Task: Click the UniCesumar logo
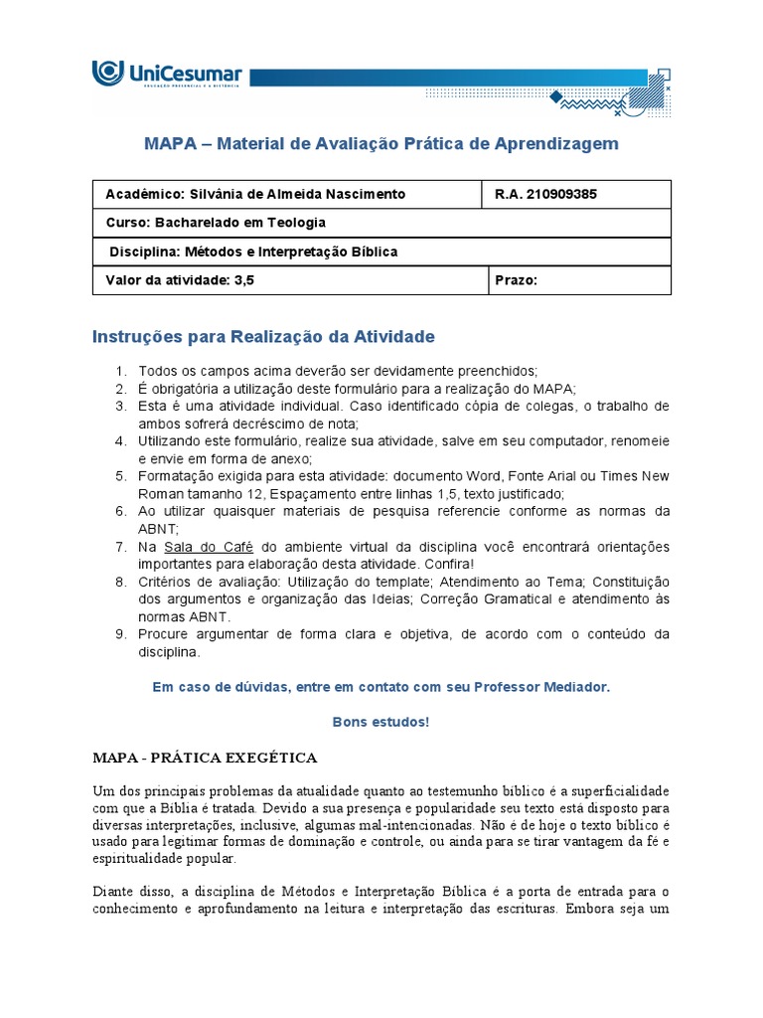(x=166, y=75)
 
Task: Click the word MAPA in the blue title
(x=174, y=144)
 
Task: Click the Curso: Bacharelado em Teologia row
(x=216, y=223)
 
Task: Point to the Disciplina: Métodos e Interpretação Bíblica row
(x=253, y=252)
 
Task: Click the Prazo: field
(x=516, y=280)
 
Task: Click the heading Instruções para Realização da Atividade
(x=263, y=337)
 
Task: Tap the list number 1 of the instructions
(x=119, y=371)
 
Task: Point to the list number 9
(x=119, y=635)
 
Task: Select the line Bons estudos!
(x=381, y=722)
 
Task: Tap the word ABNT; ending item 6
(x=158, y=530)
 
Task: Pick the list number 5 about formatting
(x=119, y=477)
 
